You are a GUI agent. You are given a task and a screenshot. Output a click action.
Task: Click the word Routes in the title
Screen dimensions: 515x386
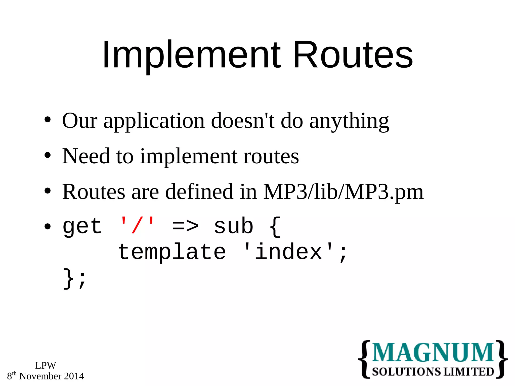tap(353, 55)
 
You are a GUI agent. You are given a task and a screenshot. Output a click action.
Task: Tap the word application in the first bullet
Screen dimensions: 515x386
tap(154, 121)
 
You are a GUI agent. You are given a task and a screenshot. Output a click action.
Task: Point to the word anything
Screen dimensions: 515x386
tap(349, 121)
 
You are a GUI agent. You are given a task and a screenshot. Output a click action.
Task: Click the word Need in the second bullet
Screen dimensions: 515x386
tap(86, 156)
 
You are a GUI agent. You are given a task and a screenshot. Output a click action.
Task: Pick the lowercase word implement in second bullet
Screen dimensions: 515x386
tap(188, 156)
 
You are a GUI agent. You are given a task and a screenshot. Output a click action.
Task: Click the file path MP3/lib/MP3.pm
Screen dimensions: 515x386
tap(344, 192)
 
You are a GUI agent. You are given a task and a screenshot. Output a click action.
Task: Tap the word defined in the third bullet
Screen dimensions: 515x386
tap(199, 192)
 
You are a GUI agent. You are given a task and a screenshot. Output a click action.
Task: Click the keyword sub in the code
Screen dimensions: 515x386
tap(233, 226)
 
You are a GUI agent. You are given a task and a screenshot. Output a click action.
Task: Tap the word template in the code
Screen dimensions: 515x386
tap(172, 252)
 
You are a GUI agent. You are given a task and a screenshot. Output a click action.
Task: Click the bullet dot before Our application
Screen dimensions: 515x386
tap(47, 120)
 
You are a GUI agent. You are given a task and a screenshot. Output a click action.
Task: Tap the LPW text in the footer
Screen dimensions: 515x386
tap(46, 365)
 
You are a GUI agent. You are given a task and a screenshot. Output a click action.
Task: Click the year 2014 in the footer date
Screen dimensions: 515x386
tap(74, 376)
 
